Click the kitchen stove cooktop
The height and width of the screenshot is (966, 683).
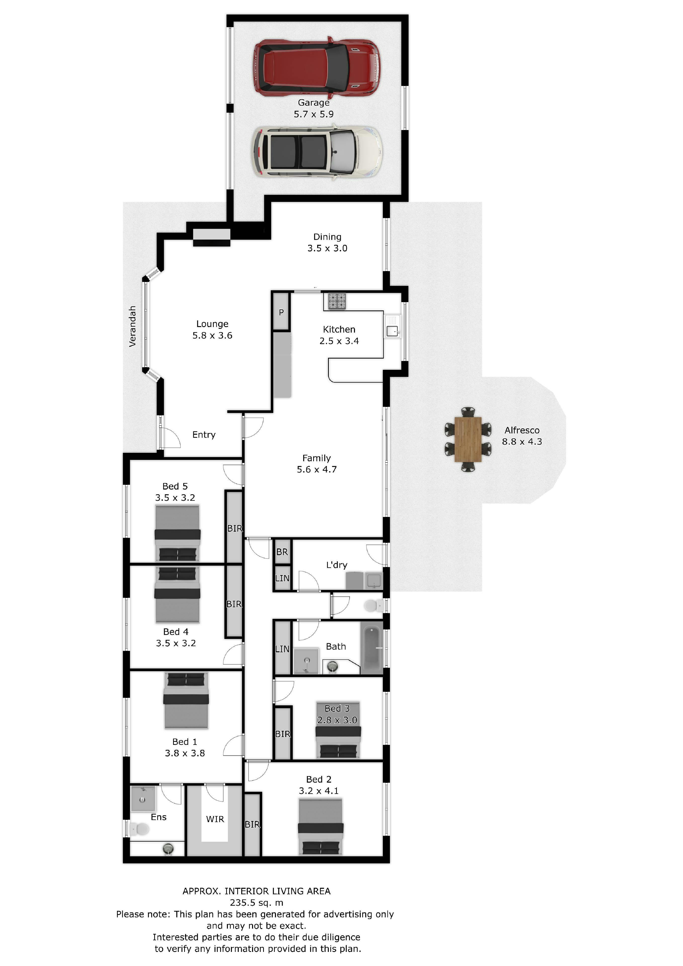pos(337,302)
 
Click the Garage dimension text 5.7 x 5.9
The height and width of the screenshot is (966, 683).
pos(313,114)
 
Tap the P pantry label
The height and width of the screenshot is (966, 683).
pos(281,312)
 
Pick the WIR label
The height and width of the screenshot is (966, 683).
pos(215,819)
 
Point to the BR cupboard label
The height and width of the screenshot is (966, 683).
pos(282,552)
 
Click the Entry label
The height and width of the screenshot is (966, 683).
pos(204,435)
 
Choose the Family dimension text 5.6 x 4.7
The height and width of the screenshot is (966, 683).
pos(317,469)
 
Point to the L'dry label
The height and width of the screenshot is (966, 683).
pos(337,565)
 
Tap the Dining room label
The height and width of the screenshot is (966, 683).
pos(327,237)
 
